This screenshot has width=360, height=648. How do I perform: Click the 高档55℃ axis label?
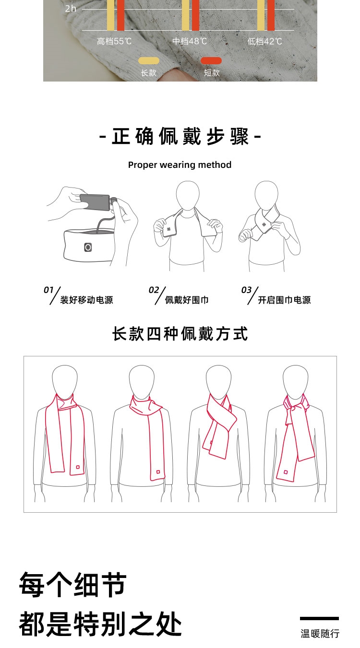tap(114, 41)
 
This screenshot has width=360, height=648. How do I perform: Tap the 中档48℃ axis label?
tap(190, 41)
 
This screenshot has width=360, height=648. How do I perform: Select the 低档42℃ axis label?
tap(264, 41)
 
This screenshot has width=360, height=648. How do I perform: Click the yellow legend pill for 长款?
tap(149, 61)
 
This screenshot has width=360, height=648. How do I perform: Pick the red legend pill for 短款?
tap(211, 61)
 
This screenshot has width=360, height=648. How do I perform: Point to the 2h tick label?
tap(71, 9)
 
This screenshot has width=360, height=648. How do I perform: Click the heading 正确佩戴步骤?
tap(180, 136)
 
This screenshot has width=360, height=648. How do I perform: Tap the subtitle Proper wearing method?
tap(180, 165)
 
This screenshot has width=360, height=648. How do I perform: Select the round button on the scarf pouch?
tap(88, 247)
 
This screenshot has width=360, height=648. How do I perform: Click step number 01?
tap(48, 290)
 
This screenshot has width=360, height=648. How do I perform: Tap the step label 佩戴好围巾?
tap(187, 300)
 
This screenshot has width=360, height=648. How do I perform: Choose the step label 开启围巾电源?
tap(284, 300)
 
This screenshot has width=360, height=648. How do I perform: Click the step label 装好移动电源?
tap(86, 300)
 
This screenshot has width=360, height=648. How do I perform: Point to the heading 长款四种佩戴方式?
tap(180, 334)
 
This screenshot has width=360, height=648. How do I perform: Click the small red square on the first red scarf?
tap(78, 467)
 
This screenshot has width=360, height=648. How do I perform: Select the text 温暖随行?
tap(320, 634)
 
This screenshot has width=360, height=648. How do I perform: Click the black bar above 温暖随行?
tap(319, 618)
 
